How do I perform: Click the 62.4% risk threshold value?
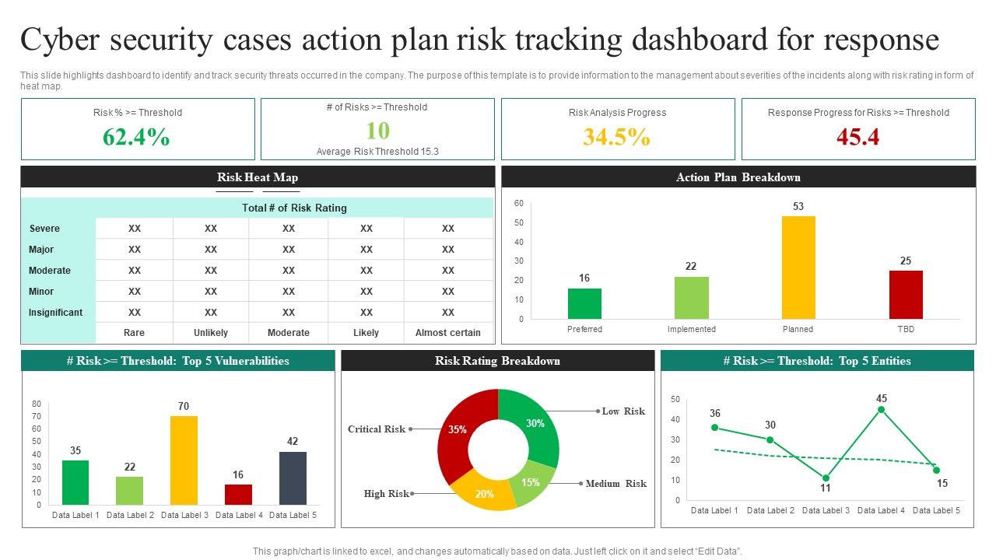(x=136, y=137)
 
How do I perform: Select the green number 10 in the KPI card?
(x=377, y=130)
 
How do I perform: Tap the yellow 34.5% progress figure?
(x=616, y=137)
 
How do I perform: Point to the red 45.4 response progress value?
(x=857, y=137)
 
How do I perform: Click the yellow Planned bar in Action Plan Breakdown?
(x=798, y=268)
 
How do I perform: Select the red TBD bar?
(x=906, y=295)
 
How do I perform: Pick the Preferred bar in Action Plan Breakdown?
(x=584, y=303)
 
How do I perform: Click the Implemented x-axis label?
(x=691, y=329)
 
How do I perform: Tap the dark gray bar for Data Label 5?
(x=293, y=478)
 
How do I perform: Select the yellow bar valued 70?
(x=184, y=460)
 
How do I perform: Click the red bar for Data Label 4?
(x=238, y=495)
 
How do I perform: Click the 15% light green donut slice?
(x=531, y=482)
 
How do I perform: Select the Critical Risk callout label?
(x=377, y=429)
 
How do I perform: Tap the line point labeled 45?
(x=881, y=410)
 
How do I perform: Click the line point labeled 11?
(x=826, y=478)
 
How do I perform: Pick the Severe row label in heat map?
(x=44, y=229)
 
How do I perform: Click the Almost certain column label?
(x=448, y=333)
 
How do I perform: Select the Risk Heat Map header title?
(x=258, y=177)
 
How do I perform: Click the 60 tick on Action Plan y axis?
(x=518, y=203)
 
